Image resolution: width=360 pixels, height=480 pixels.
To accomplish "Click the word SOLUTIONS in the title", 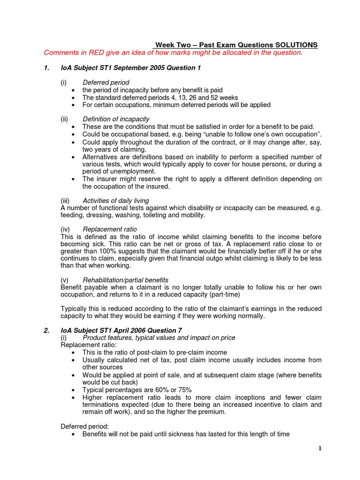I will click(x=295, y=45).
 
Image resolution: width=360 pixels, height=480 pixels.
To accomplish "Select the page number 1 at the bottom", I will click(x=320, y=449).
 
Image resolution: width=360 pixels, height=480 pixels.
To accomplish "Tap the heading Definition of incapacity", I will click(x=116, y=120).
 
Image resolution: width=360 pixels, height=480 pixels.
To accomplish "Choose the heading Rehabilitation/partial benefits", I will click(x=126, y=280).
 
